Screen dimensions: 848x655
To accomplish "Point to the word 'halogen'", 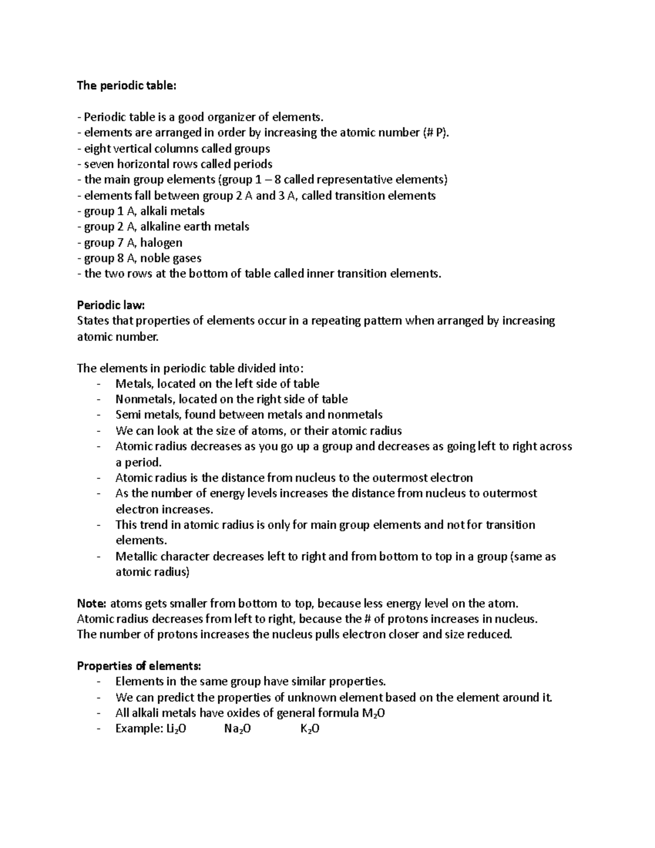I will point(161,242).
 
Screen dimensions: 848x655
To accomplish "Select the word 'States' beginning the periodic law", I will point(93,321).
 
